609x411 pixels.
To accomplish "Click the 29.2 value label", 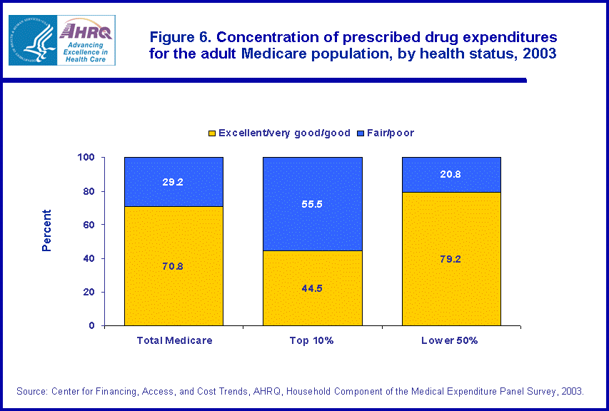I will pyautogui.click(x=173, y=182).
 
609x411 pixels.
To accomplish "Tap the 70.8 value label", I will pyautogui.click(x=173, y=266).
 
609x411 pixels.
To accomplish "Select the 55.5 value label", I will pyautogui.click(x=312, y=203).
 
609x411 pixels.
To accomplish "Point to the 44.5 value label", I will pyautogui.click(x=312, y=288).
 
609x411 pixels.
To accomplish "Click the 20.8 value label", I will pyautogui.click(x=451, y=175).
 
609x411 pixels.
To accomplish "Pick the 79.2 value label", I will pyautogui.click(x=451, y=259).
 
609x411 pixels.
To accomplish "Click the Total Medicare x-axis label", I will pyautogui.click(x=173, y=340).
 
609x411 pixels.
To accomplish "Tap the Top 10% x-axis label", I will pyautogui.click(x=312, y=340).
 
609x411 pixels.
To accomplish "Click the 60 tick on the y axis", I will pyautogui.click(x=91, y=225).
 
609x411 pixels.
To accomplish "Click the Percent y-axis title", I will pyautogui.click(x=46, y=230).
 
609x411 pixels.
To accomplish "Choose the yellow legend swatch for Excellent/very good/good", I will pyautogui.click(x=211, y=133).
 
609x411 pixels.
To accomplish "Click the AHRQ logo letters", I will pyautogui.click(x=86, y=31).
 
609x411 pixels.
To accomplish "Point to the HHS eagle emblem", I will pyautogui.click(x=31, y=40).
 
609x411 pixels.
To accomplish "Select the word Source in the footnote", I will pyautogui.click(x=31, y=391).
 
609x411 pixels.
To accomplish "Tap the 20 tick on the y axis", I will pyautogui.click(x=91, y=293).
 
